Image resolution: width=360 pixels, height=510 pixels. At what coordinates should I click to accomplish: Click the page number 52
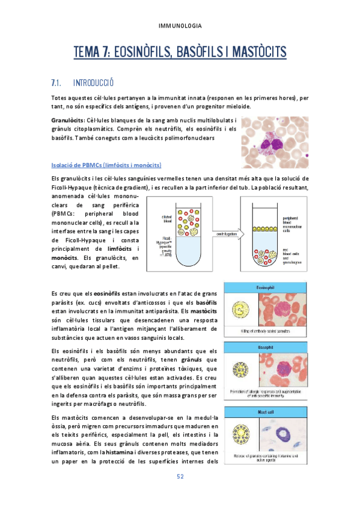coord(180,477)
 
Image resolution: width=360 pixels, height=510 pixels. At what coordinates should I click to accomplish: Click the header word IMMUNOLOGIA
coord(180,26)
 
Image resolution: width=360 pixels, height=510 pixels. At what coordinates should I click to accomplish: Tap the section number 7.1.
coord(58,82)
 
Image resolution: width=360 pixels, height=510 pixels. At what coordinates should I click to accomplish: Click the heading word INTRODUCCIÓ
coord(93,82)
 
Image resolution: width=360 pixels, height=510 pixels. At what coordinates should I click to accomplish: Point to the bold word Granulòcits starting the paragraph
coord(68,120)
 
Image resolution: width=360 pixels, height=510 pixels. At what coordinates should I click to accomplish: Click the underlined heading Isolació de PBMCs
coord(107,165)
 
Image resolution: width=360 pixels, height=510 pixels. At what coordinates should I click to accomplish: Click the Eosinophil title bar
coord(265,287)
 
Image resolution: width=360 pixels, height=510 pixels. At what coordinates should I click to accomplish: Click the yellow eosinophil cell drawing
coord(240,310)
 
